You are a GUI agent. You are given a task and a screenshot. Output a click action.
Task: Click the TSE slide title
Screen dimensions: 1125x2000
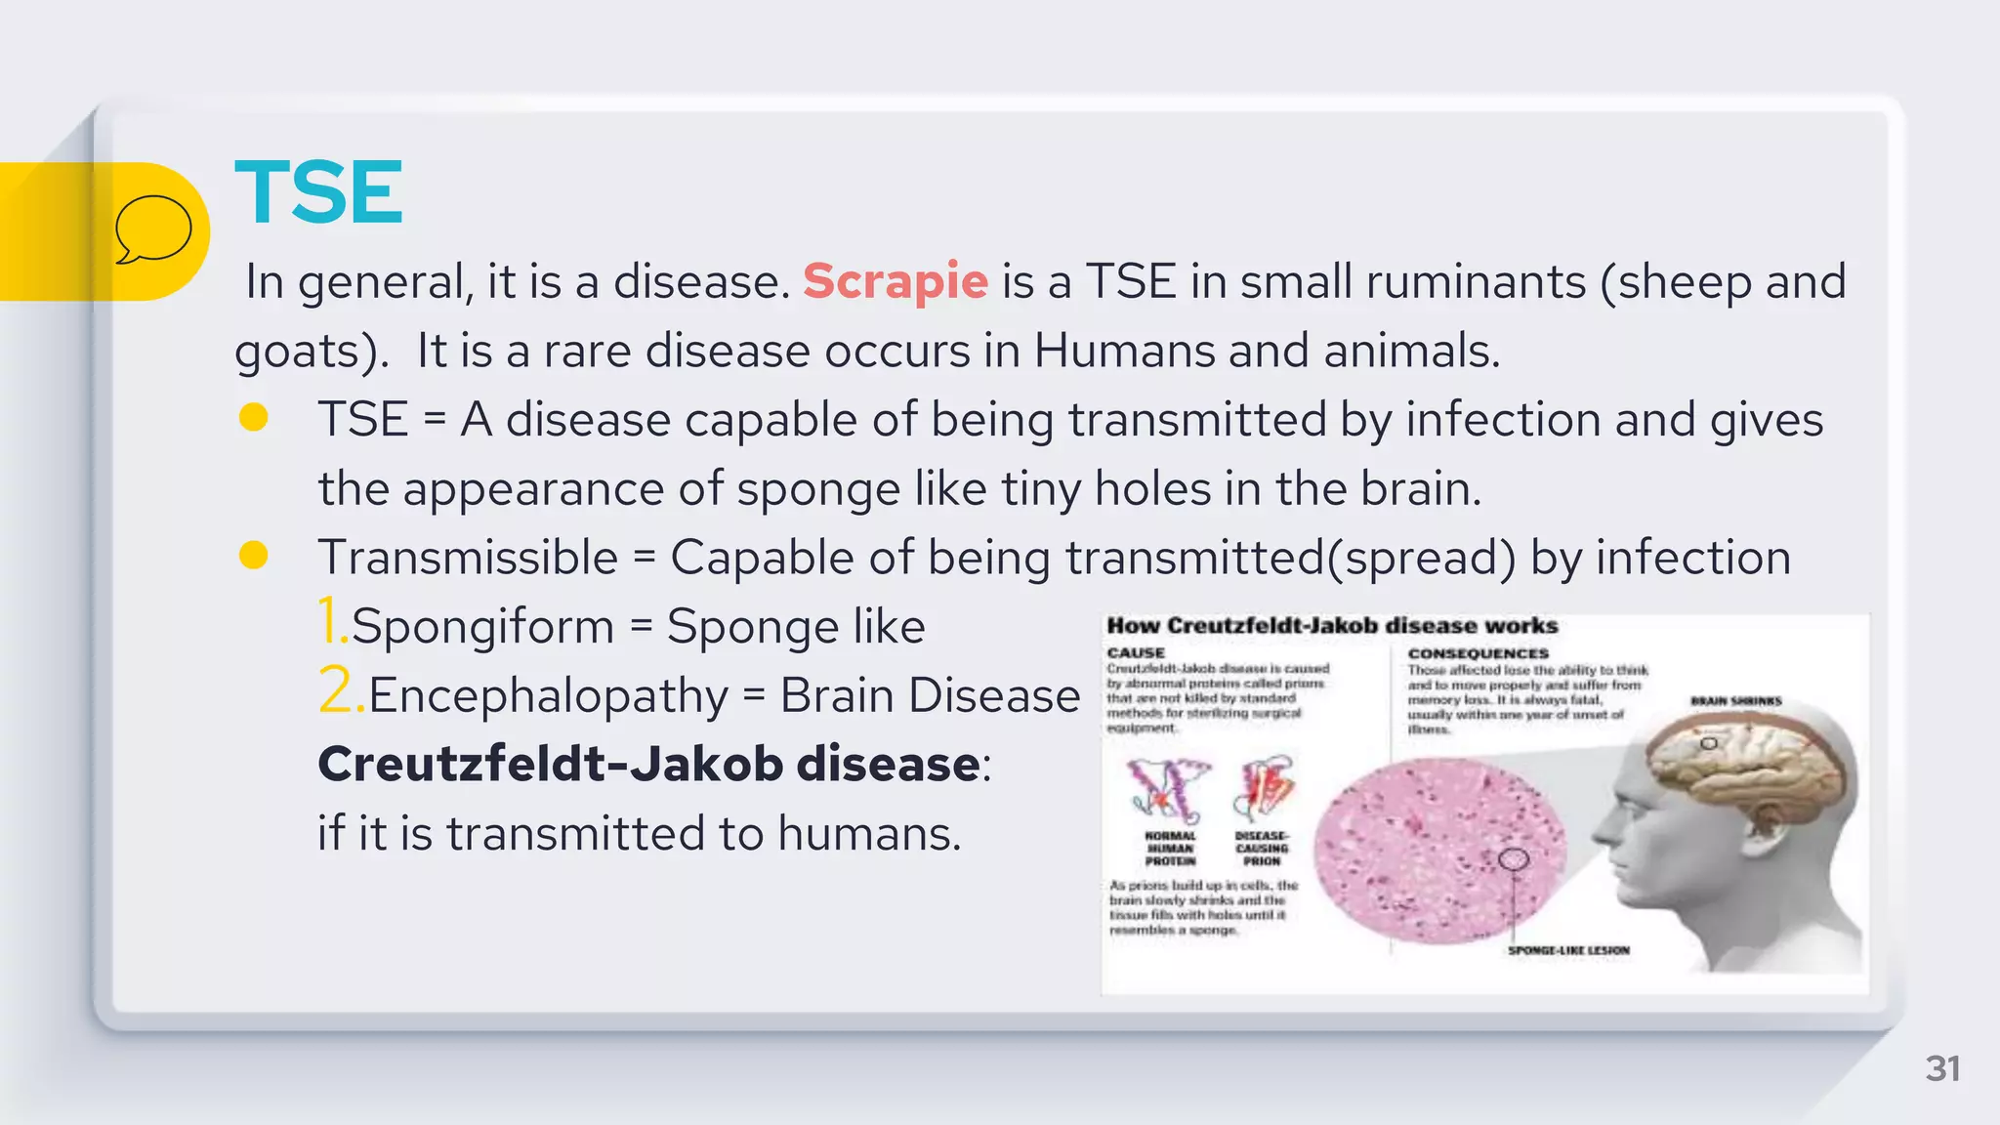(318, 192)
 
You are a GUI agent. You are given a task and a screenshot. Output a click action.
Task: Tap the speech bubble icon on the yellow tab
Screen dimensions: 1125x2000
(153, 229)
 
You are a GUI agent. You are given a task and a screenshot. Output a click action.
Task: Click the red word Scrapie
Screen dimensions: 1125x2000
(896, 281)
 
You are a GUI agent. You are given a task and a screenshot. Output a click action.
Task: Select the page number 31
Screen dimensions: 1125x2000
(1942, 1068)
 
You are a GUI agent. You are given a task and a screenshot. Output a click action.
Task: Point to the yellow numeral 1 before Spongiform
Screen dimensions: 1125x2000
(331, 622)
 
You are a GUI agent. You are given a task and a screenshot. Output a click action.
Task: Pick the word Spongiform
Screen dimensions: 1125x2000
(482, 626)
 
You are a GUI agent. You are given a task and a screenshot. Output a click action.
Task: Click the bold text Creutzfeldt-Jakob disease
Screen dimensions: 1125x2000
(648, 764)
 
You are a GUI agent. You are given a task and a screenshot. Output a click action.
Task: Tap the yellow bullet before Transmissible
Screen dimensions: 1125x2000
(254, 556)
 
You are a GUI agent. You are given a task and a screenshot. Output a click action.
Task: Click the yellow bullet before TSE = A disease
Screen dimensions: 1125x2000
(254, 418)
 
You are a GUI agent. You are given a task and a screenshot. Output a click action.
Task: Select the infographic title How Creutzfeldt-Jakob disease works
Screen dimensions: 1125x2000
(1332, 626)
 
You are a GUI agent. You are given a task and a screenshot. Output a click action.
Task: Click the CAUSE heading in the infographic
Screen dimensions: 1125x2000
(1136, 652)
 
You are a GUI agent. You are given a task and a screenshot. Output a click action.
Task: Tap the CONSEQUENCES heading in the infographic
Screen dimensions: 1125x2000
(1478, 652)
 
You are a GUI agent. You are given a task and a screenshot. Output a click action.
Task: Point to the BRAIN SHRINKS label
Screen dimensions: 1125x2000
(1735, 701)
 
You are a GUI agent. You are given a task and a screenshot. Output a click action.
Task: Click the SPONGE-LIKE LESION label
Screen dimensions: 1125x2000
(1568, 950)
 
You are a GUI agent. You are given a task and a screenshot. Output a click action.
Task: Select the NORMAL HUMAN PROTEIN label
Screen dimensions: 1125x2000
(1170, 849)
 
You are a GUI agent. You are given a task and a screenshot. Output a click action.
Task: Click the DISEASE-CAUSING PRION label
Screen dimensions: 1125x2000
(1262, 849)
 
